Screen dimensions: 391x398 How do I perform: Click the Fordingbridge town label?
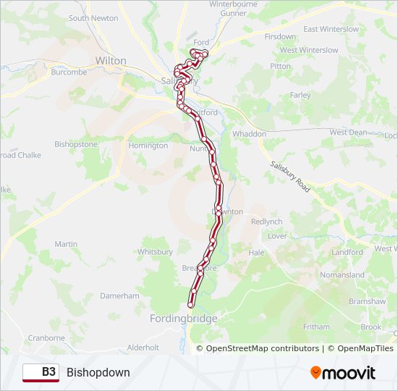[183, 319]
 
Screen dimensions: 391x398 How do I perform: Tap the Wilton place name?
[111, 61]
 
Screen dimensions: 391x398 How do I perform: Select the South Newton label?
[93, 18]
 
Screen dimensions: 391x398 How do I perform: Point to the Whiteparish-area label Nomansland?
[342, 275]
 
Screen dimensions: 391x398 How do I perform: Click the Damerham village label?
[119, 296]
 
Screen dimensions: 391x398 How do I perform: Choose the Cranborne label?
[46, 337]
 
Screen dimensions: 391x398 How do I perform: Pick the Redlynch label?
[267, 222]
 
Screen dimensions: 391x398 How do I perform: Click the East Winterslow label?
[331, 29]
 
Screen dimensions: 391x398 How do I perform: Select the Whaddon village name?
[249, 134]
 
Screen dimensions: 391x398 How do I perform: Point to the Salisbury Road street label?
[289, 176]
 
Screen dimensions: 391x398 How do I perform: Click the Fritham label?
[316, 327]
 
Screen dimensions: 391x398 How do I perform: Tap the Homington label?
[148, 146]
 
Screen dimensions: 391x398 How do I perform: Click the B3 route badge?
[41, 372]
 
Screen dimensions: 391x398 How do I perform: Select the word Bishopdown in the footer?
[98, 372]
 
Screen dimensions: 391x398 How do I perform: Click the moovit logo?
[343, 373]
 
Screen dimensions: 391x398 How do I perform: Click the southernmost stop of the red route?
[191, 305]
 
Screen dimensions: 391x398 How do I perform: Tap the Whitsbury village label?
[155, 252]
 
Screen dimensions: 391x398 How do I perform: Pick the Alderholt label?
[143, 348]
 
